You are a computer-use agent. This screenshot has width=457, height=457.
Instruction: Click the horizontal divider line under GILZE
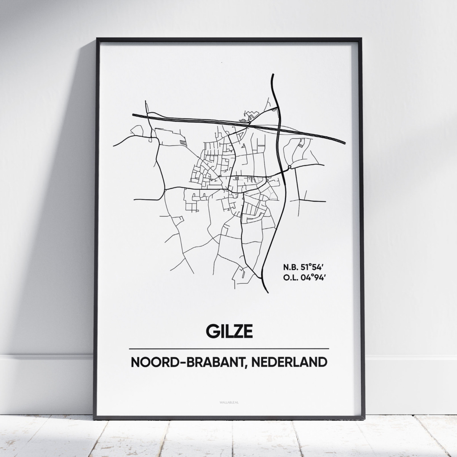tap(228, 348)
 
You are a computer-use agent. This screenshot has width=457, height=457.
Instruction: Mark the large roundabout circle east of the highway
tap(290, 167)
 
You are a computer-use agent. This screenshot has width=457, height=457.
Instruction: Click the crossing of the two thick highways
tap(279, 128)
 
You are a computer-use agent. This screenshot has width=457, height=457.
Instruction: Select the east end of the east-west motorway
tap(345, 143)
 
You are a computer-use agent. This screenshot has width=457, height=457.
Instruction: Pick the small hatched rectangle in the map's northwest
tap(184, 142)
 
